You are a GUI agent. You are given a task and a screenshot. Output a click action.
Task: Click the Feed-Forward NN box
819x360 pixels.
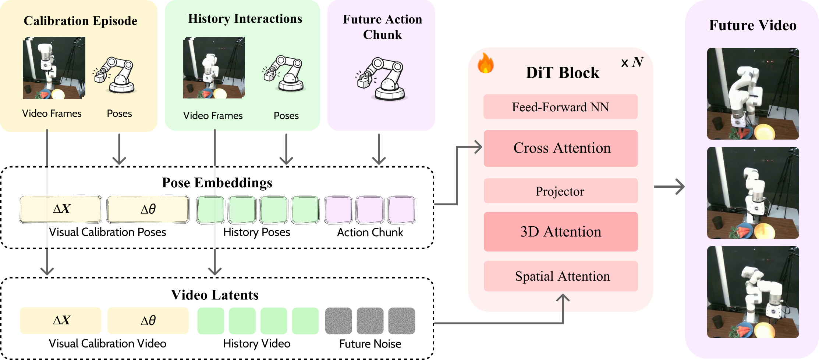click(560, 107)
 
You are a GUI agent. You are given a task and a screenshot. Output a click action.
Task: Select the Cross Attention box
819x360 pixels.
click(560, 148)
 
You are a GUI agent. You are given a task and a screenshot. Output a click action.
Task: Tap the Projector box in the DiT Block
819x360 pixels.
click(560, 191)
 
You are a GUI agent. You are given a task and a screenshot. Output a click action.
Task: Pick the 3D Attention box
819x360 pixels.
click(560, 232)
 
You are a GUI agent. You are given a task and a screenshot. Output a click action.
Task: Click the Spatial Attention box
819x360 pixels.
click(560, 276)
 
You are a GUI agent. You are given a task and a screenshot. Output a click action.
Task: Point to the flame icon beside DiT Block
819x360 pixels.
click(486, 63)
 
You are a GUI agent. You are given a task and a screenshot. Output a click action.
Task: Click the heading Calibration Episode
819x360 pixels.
click(81, 21)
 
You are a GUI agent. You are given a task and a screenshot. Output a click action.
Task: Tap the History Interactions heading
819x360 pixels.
click(245, 19)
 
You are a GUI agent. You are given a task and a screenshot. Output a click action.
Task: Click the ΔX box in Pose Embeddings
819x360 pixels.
click(61, 209)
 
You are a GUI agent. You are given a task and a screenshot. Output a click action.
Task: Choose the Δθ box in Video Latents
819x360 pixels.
click(148, 321)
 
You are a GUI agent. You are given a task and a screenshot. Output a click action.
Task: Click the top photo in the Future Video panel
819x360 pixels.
click(753, 94)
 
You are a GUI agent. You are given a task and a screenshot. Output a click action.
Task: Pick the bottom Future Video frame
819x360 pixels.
click(753, 292)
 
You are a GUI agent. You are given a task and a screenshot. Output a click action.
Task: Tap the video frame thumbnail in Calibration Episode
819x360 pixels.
click(54, 68)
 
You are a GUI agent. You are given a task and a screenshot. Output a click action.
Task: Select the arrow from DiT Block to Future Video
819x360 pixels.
click(669, 187)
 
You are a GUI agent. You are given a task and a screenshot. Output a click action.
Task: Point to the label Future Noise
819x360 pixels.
click(370, 344)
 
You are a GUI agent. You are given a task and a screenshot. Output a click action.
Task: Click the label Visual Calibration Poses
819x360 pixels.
click(107, 232)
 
